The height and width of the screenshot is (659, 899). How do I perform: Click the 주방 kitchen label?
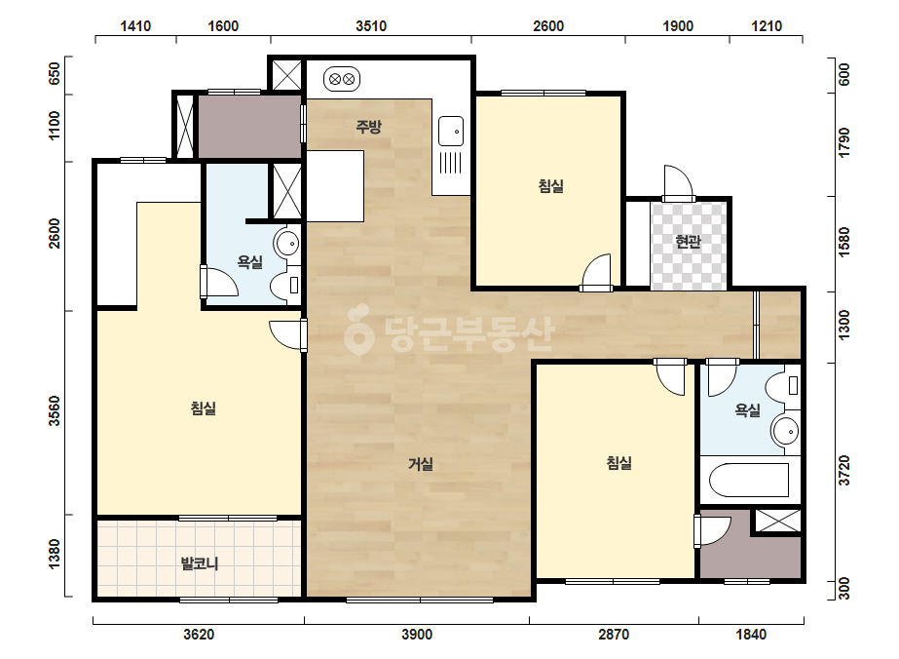click(368, 127)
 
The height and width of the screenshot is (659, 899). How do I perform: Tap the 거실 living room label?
click(420, 464)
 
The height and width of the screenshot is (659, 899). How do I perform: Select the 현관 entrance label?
click(688, 241)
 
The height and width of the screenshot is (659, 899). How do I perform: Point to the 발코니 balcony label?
click(200, 563)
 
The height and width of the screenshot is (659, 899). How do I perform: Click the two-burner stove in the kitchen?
click(342, 79)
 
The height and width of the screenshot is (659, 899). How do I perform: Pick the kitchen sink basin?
click(451, 132)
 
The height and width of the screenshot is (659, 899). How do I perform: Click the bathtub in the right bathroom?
click(749, 480)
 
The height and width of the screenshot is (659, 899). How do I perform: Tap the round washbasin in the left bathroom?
click(286, 244)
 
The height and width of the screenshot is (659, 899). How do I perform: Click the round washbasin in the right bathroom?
click(785, 431)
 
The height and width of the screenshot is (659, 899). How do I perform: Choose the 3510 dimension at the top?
click(371, 26)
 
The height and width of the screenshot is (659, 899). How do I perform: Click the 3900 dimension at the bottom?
click(417, 635)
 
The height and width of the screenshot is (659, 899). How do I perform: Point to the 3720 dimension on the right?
click(843, 471)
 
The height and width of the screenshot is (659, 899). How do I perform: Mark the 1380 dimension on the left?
click(55, 555)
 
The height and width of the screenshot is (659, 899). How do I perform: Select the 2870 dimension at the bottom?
click(614, 635)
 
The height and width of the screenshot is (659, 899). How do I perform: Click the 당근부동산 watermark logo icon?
click(358, 329)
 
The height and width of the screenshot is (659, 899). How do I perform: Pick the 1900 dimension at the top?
click(678, 26)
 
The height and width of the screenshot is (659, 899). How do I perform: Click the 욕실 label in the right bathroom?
click(748, 409)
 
